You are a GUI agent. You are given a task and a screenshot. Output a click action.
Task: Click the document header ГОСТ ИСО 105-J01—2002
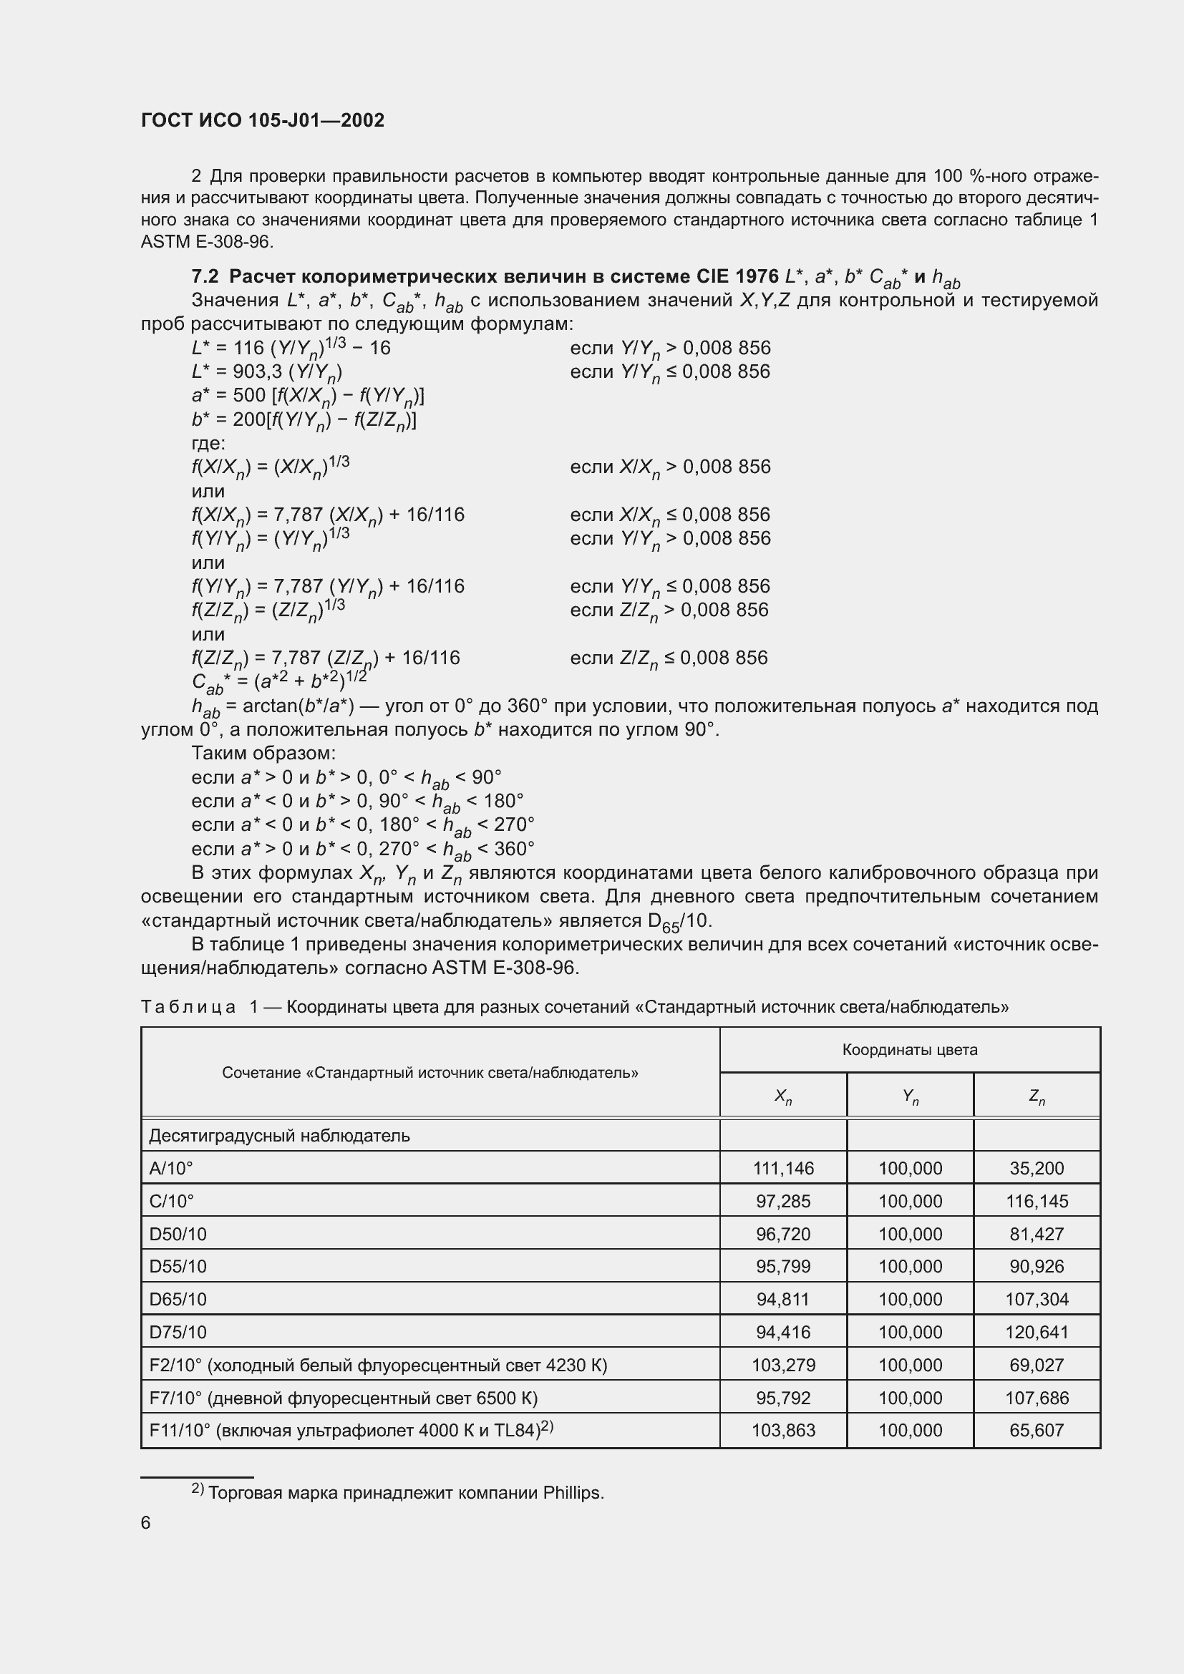263,120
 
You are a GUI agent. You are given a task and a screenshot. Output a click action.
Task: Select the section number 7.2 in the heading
205,276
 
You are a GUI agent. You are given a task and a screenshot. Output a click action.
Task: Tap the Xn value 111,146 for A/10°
783,1169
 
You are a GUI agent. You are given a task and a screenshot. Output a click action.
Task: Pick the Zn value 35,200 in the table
1036,1169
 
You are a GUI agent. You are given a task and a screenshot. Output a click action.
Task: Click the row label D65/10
178,1299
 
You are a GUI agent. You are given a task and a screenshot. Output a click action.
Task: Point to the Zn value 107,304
1036,1299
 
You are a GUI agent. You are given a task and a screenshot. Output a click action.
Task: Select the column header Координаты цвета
909,1050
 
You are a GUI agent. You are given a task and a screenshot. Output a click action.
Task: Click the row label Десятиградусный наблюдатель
279,1136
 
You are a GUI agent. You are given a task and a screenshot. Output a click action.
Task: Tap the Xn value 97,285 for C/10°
783,1202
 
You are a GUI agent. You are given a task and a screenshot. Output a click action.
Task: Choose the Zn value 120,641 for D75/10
1036,1332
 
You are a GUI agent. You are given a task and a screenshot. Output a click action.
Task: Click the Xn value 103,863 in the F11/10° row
783,1431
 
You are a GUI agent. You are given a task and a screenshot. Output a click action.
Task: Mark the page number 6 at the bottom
146,1523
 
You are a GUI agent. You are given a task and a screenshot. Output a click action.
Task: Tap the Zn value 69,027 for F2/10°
1036,1365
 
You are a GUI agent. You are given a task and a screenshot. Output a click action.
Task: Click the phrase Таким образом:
263,753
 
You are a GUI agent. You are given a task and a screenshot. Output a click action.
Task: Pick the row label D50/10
178,1235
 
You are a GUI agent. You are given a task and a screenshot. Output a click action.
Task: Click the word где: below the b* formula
208,443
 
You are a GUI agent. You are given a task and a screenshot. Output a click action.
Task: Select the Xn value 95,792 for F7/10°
783,1398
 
